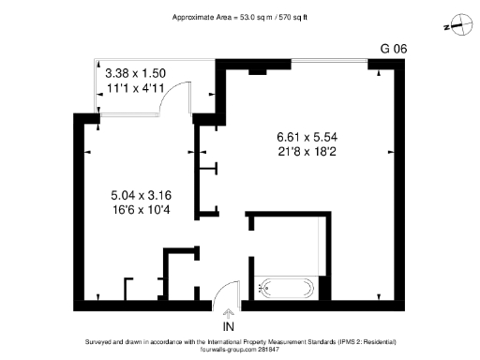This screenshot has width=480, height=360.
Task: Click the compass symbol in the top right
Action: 458,25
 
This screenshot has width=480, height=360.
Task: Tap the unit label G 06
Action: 394,48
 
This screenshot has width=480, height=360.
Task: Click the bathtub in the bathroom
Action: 286,289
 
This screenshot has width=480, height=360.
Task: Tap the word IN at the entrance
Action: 228,326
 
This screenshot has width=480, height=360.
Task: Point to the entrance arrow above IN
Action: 228,313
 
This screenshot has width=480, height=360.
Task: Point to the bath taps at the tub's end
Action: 262,289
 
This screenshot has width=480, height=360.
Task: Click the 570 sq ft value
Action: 278,18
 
